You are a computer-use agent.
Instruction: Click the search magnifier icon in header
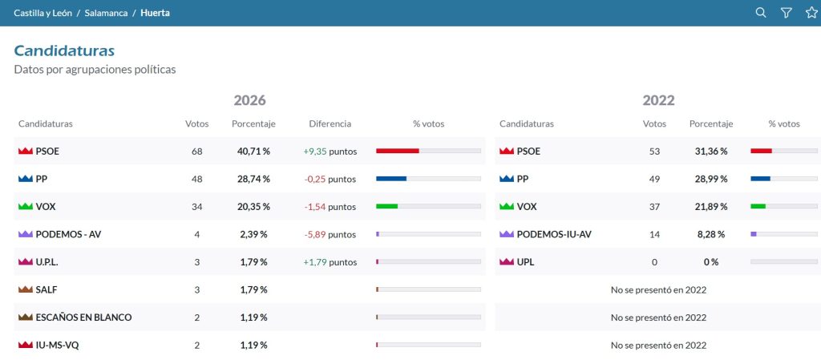pos(761,13)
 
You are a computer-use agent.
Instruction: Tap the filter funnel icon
pos(786,13)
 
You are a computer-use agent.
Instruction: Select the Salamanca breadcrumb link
pos(106,13)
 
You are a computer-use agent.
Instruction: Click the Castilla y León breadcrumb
pos(43,13)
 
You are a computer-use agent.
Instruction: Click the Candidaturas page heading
pos(64,51)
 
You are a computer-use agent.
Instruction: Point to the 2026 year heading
pos(250,100)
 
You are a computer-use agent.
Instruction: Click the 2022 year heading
pos(659,100)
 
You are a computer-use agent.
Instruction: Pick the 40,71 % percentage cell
pos(253,152)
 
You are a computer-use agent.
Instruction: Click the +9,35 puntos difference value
pos(330,152)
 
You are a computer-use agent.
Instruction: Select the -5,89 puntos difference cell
pos(330,234)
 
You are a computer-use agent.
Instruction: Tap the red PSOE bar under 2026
pos(398,151)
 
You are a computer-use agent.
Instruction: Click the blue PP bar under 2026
pos(391,179)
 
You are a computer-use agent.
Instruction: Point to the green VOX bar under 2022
pos(758,206)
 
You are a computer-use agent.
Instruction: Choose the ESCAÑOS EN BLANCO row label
pos(83,317)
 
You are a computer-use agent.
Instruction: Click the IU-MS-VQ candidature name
pos(57,345)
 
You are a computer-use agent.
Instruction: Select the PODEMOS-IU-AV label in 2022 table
pos(554,234)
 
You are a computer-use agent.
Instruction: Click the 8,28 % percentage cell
pos(711,234)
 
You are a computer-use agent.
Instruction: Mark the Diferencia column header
pos(330,124)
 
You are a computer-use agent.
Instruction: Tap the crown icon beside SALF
pos(25,289)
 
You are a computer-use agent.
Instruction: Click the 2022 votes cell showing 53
pos(654,152)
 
